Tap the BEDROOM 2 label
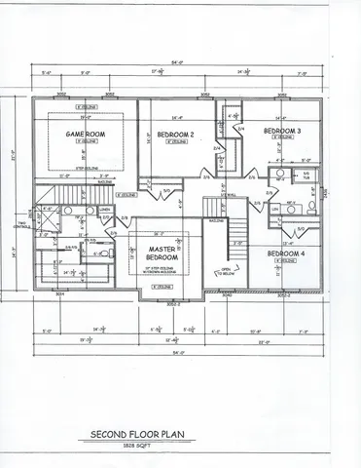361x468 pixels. point(177,134)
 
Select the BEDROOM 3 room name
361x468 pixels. point(281,130)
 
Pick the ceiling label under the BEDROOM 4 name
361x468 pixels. point(286,261)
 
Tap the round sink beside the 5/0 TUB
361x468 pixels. point(279,179)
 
